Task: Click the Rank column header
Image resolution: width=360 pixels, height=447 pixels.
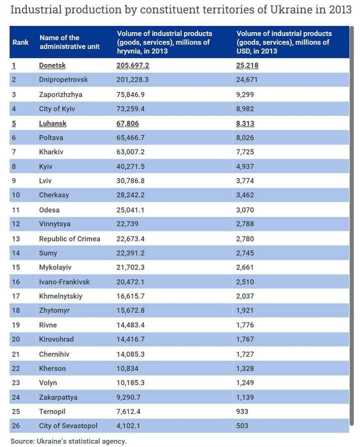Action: coord(20,42)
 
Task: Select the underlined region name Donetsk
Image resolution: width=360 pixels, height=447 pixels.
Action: coord(52,65)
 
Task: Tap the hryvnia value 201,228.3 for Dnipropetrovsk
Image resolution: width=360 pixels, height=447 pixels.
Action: coord(133,80)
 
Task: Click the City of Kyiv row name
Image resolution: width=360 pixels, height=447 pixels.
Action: coord(56,108)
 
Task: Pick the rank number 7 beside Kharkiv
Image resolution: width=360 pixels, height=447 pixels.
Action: coord(14,152)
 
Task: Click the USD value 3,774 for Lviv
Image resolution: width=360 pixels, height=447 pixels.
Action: coord(245,180)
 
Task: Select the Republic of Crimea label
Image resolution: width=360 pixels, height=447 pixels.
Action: coord(69,238)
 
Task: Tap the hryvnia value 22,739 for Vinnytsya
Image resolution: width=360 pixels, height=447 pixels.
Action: coord(128,224)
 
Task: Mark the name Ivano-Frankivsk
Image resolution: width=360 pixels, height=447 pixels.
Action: coord(64,282)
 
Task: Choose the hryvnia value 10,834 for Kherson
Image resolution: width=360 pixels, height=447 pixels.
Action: coord(128,368)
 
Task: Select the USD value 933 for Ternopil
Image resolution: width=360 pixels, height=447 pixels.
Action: coord(242,411)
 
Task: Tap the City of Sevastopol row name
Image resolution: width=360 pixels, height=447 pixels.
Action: coord(68,426)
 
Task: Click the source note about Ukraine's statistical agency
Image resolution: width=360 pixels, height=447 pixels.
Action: coord(68,441)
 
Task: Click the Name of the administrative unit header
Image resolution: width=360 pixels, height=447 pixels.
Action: coord(69,42)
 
